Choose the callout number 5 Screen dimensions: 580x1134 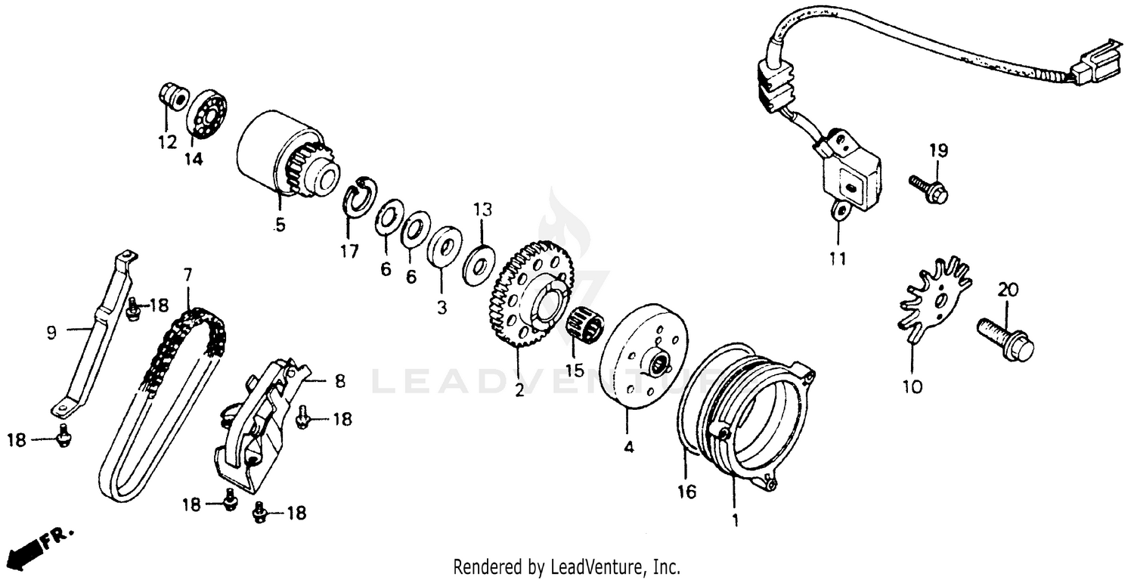(280, 225)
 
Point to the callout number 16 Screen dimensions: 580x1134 (686, 492)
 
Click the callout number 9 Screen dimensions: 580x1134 (51, 332)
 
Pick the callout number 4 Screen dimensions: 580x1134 (629, 447)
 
